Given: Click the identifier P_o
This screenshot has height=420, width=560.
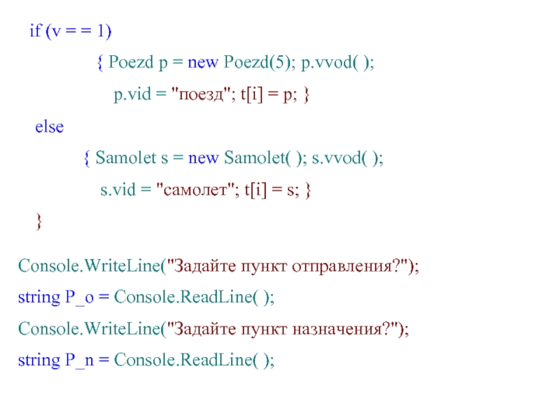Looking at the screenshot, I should coord(78,297).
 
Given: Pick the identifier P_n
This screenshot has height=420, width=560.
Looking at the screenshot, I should coord(78,360).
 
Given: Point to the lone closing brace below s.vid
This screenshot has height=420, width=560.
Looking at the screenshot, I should coord(39,222).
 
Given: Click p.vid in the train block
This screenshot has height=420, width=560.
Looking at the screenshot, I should coord(133,96).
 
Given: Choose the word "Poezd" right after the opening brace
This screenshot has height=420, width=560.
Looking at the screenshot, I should coord(132,64).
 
